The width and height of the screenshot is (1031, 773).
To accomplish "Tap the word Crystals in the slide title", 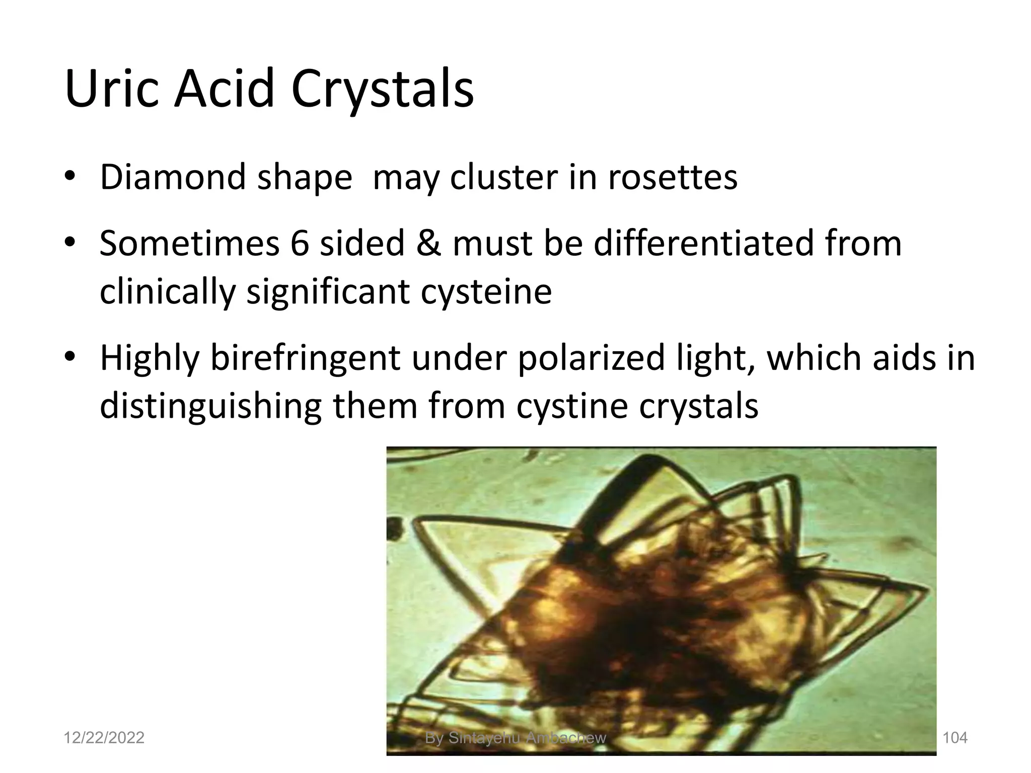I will [x=382, y=89].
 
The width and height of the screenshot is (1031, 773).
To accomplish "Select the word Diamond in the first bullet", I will [x=173, y=177].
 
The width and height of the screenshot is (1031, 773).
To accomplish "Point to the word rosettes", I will [x=673, y=177].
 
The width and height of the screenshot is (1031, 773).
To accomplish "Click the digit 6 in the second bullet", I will [x=299, y=243].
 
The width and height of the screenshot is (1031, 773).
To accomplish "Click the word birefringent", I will [x=305, y=358].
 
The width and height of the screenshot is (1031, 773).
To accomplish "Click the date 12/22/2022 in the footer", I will [x=104, y=738].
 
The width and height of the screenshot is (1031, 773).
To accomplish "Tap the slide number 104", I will [x=954, y=738].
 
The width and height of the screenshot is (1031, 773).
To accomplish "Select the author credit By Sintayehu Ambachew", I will [x=515, y=738].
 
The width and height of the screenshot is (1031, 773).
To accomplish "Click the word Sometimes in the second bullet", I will [x=189, y=243].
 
